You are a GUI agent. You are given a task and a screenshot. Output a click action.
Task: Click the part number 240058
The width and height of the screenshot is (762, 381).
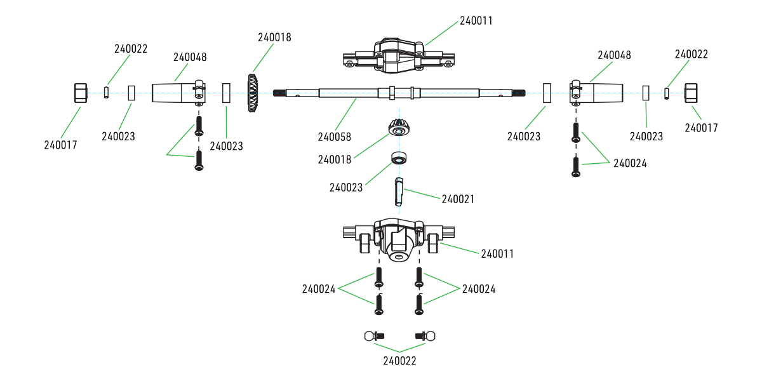pos(335,137)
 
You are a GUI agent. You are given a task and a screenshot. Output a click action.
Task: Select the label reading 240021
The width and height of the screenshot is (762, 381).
pos(458,199)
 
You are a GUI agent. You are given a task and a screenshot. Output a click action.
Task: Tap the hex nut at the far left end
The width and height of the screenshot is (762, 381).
pos(80,93)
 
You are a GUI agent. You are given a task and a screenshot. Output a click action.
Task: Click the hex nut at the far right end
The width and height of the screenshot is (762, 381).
pos(691,93)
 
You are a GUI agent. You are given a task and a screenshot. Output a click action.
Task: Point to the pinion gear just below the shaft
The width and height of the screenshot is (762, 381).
pos(398,129)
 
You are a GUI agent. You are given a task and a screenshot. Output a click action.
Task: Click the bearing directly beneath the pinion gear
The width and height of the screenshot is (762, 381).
pos(398,157)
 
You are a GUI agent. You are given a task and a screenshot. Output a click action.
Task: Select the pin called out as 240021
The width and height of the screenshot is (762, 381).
pos(399,191)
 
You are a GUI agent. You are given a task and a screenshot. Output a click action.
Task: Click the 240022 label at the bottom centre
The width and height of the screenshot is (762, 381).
pos(400,361)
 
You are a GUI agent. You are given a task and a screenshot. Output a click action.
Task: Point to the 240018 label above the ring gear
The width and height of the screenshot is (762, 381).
pos(274,37)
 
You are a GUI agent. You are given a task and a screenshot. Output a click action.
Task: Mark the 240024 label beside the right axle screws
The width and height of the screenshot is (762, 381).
pos(630,163)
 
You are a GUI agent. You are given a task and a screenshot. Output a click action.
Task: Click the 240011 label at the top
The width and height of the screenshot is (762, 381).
pos(476,20)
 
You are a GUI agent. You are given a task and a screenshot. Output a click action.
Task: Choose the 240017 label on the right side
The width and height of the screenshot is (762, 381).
pos(701,128)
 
